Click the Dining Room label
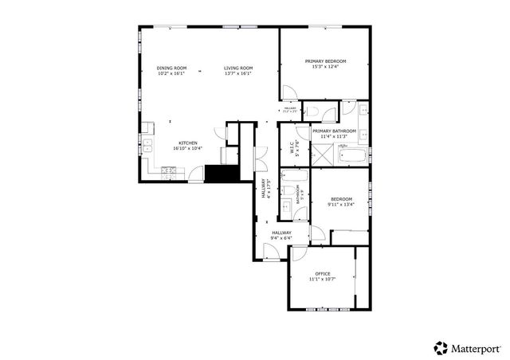click(171, 68)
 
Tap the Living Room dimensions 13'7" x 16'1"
click(238, 74)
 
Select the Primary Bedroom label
click(325, 61)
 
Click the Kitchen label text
click(187, 143)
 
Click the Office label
click(323, 273)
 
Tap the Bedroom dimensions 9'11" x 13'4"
click(341, 205)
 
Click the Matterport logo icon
click(441, 347)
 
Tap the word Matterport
click(477, 347)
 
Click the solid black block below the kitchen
click(221, 173)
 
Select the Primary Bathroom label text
click(333, 131)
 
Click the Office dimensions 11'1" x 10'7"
click(323, 279)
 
